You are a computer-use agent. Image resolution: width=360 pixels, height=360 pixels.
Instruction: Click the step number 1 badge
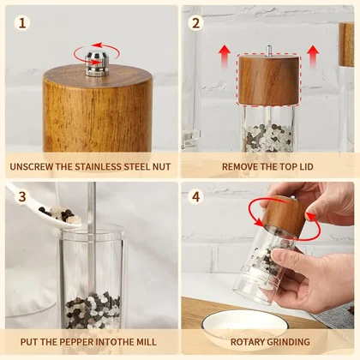22,23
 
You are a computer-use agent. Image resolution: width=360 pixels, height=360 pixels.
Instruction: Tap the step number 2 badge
196,23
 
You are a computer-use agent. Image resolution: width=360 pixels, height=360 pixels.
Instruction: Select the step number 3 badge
22,197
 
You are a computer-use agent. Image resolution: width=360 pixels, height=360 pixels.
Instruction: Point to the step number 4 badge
196,197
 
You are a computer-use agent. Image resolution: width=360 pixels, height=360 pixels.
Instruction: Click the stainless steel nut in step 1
97,63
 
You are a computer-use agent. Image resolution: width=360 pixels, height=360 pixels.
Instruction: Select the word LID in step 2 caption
306,166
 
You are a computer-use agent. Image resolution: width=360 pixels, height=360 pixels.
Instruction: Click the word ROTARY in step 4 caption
246,342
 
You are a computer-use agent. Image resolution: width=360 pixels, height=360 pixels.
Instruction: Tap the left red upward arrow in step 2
225,57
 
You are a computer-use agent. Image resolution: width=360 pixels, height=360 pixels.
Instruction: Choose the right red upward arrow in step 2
313,57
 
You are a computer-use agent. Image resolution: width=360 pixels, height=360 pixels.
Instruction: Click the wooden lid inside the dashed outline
269,80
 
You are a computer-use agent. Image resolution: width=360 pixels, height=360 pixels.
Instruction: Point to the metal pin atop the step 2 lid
269,51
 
